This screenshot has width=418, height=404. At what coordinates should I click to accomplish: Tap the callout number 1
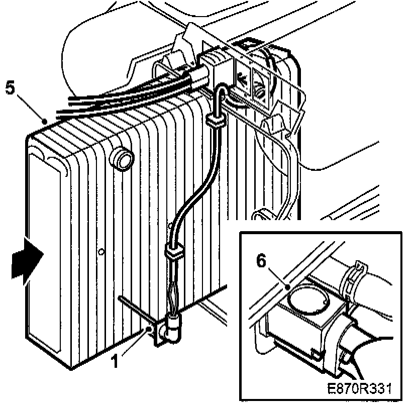coord(116,361)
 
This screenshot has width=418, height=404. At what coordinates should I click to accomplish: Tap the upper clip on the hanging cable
coord(215,121)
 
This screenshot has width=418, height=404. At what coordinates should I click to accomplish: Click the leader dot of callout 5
coord(46,121)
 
